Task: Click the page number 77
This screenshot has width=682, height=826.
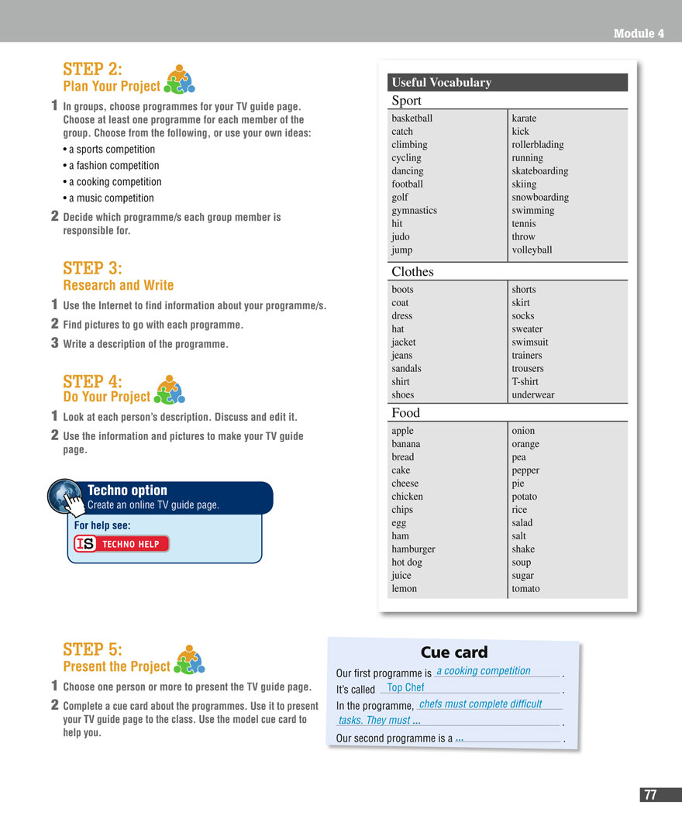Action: (649, 795)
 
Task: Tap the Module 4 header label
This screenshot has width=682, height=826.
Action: (638, 33)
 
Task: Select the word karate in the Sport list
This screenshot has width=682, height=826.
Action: (524, 119)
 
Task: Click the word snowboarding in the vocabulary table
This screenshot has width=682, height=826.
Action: (540, 198)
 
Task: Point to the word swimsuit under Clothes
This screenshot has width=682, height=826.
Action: (530, 342)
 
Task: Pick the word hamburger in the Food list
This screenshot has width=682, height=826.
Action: (413, 549)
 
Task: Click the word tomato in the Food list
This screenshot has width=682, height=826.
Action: (525, 589)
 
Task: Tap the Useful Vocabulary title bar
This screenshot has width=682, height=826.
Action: (508, 83)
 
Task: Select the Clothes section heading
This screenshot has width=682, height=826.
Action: (412, 272)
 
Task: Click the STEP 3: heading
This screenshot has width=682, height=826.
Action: (92, 268)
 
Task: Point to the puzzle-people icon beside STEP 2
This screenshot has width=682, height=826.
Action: (179, 79)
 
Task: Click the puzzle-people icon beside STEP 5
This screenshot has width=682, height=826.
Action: (189, 659)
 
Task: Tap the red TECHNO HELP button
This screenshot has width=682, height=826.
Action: (122, 544)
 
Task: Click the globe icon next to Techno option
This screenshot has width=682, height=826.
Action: (65, 497)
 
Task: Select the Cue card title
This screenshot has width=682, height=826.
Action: (453, 652)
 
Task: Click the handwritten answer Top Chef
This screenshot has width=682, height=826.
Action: (405, 687)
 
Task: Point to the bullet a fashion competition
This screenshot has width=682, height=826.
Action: (113, 166)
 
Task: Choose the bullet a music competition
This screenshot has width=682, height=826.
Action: (111, 198)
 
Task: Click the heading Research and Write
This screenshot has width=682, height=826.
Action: (119, 285)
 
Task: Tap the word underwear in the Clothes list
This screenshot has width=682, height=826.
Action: (532, 395)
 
